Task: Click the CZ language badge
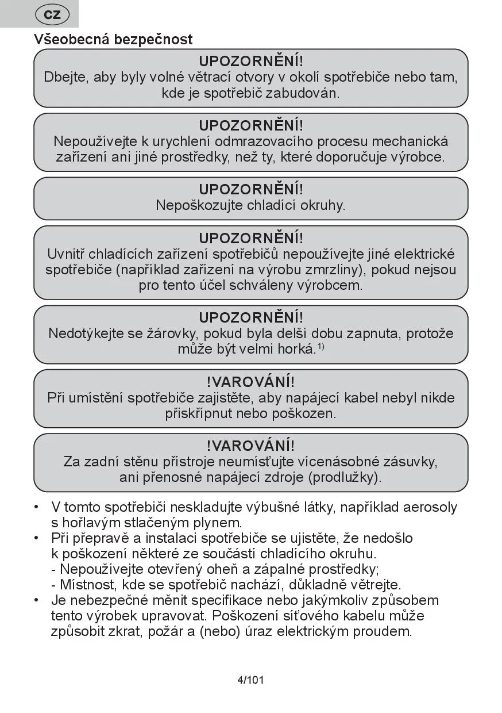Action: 52,15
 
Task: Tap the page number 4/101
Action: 250,680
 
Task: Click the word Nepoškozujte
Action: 199,205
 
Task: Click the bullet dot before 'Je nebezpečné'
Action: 37,600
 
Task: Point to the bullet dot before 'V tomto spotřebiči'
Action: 37,507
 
